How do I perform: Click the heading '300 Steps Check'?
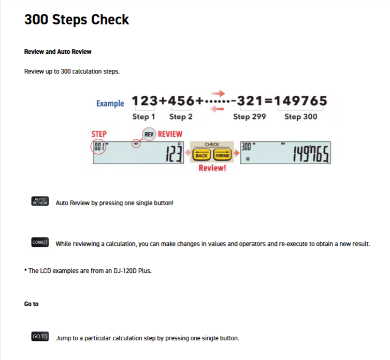(77, 19)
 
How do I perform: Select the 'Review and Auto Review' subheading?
(57, 52)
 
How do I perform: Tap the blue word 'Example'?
(110, 103)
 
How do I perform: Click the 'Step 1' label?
(144, 117)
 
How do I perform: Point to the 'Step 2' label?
(181, 117)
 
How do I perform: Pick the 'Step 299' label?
(250, 117)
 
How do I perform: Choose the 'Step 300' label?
(301, 117)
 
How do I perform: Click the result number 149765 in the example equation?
(300, 101)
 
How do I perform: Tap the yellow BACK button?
(201, 155)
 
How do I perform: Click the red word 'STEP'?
(99, 134)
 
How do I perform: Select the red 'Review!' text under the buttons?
(212, 168)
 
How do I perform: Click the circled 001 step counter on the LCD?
(99, 147)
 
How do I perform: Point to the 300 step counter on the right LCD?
(246, 147)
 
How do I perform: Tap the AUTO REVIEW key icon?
(40, 201)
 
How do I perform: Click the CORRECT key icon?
(40, 242)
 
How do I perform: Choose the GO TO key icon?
(40, 336)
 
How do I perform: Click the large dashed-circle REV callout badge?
(149, 134)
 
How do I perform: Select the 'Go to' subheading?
(32, 304)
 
